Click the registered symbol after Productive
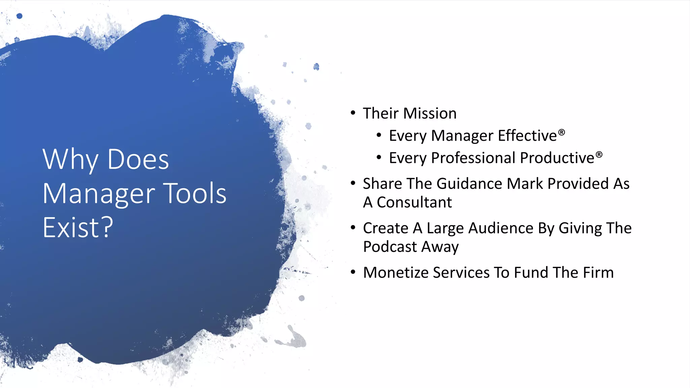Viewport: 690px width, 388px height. [599, 155]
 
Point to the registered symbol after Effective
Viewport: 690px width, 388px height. [561, 132]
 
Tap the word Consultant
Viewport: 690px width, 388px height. [414, 202]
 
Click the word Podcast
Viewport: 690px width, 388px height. [390, 247]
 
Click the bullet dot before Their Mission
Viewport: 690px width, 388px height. [353, 113]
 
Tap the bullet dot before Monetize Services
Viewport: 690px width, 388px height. [353, 272]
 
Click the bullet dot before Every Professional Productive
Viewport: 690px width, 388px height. [379, 157]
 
